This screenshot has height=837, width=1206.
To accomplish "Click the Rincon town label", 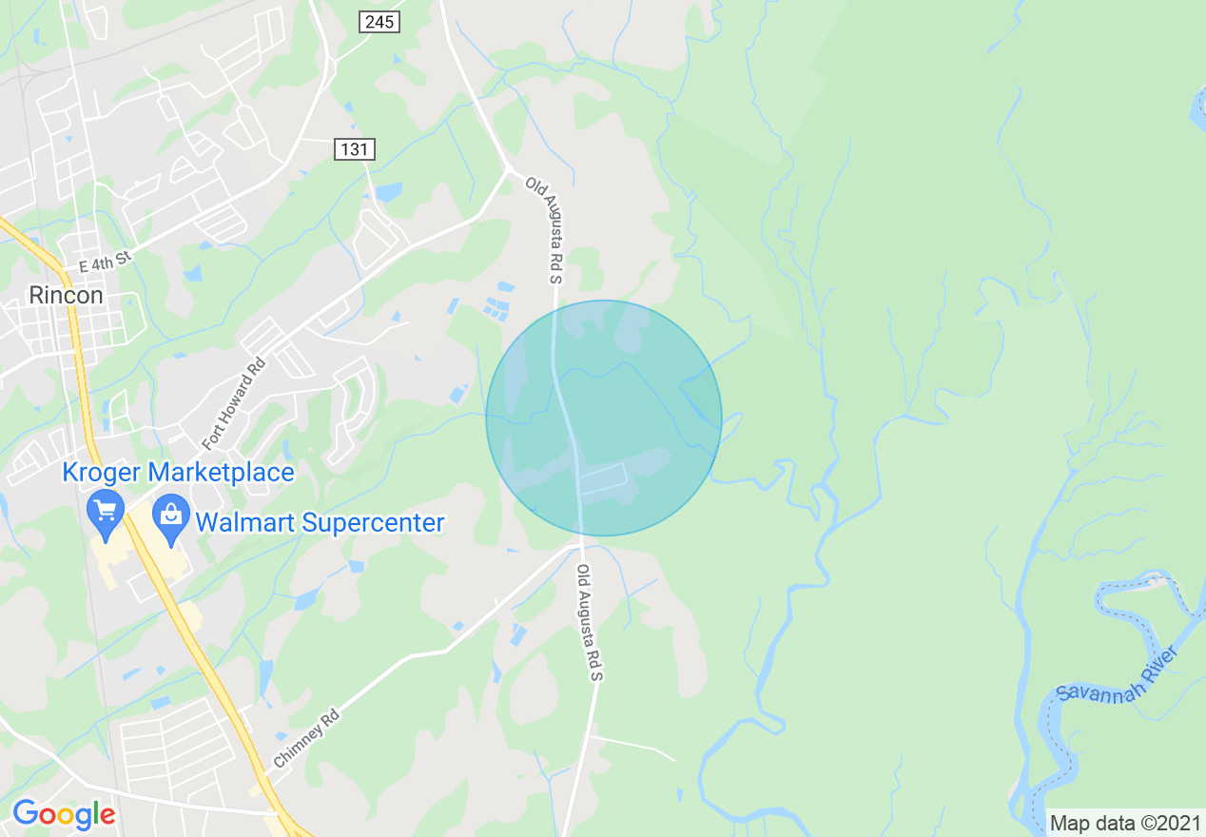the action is (x=66, y=295).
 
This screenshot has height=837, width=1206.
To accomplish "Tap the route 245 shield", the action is (x=379, y=22).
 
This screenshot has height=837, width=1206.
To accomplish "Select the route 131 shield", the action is (x=355, y=148).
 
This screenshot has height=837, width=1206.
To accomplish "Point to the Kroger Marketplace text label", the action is (x=178, y=472).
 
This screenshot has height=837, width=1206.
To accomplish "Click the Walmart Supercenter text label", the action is (x=320, y=522).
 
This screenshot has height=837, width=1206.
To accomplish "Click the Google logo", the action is (x=64, y=814).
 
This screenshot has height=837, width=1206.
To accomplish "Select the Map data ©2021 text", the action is (x=1124, y=823).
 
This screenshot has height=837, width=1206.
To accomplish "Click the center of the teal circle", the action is (x=604, y=418).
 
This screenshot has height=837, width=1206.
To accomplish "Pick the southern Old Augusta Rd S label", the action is (x=591, y=622).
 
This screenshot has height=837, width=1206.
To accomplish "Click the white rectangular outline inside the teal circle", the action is (x=603, y=481).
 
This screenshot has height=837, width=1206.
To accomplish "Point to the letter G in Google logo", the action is (x=25, y=814).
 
